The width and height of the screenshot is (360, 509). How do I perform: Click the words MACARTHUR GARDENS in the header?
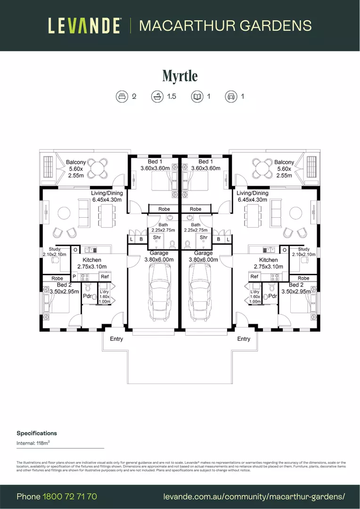(x=225, y=25)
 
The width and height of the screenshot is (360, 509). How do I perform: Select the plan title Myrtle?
(x=180, y=75)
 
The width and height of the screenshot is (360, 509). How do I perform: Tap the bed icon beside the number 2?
(x=122, y=97)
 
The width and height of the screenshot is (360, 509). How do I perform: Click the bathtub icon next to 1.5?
(x=157, y=97)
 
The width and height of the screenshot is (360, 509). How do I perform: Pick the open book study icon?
(x=196, y=97)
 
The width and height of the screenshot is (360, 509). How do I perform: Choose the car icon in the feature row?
(x=231, y=97)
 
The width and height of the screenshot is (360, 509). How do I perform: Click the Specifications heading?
(x=37, y=433)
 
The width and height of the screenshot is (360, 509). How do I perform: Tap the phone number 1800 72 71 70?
(x=70, y=496)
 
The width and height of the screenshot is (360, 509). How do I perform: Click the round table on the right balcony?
(x=262, y=167)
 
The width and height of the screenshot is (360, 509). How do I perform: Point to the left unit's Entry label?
(x=116, y=339)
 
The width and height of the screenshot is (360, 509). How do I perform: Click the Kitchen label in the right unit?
(x=268, y=260)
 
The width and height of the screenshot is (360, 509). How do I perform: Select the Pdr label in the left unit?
(x=87, y=296)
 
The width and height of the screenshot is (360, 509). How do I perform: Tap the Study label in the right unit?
(x=304, y=249)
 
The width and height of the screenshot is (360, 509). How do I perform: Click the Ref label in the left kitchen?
(x=105, y=277)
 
